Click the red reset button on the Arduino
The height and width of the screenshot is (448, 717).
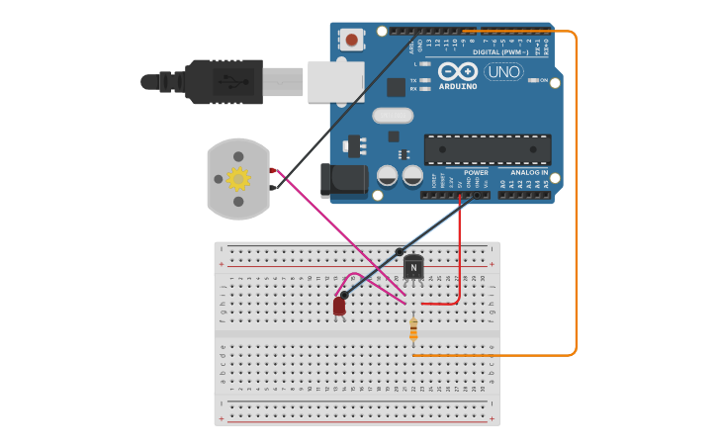pyautogui.click(x=351, y=41)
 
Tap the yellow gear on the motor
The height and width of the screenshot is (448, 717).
pyautogui.click(x=238, y=178)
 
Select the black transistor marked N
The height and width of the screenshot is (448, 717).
pyautogui.click(x=412, y=266)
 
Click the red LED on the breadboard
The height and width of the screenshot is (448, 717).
pyautogui.click(x=339, y=307)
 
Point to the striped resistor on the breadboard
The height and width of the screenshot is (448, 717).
pyautogui.click(x=413, y=329)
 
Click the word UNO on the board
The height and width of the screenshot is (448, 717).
pyautogui.click(x=504, y=71)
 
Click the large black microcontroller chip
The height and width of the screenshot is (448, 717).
pyautogui.click(x=488, y=149)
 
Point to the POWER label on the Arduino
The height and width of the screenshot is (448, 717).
pyautogui.click(x=476, y=172)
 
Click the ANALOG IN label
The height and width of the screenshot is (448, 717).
pyautogui.click(x=529, y=172)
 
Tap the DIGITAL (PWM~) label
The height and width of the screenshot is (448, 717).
pyautogui.click(x=500, y=52)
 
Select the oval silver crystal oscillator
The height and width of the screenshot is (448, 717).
pyautogui.click(x=393, y=115)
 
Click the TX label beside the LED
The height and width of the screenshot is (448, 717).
pyautogui.click(x=413, y=80)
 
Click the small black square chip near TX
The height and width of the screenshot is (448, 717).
pyautogui.click(x=396, y=87)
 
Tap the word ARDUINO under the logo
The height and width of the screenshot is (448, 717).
pyautogui.click(x=457, y=86)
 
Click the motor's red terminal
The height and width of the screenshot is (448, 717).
pyautogui.click(x=272, y=171)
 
